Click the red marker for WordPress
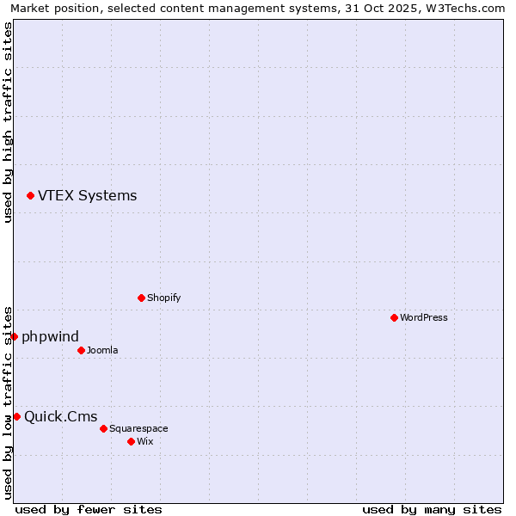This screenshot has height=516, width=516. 394,317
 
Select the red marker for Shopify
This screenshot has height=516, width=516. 141,298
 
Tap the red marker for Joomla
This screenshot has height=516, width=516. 81,350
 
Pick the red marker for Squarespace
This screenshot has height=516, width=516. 103,428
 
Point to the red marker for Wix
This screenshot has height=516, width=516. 131,441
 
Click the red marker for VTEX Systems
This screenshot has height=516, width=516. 30,196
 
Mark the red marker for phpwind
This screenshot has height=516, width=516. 14,336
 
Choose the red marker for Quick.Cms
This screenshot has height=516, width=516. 16,417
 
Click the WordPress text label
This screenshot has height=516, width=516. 424,317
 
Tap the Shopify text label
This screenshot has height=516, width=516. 163,298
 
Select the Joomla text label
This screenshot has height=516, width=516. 102,350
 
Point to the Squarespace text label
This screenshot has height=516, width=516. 138,428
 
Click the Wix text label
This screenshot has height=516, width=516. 144,441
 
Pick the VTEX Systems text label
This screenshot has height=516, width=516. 87,195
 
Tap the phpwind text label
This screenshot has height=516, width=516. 50,336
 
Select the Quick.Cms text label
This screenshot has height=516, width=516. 60,417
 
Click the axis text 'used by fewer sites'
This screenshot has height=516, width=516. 89,509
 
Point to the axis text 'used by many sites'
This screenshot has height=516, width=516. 432,509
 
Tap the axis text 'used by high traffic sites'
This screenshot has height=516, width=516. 8,122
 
